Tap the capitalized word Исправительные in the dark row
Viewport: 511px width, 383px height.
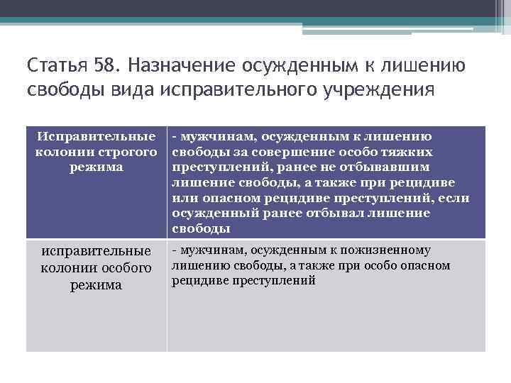tap(97, 135)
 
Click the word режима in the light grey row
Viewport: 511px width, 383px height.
tap(97, 285)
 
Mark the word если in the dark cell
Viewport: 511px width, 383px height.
tap(456, 198)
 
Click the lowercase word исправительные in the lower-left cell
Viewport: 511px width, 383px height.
tap(97, 252)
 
